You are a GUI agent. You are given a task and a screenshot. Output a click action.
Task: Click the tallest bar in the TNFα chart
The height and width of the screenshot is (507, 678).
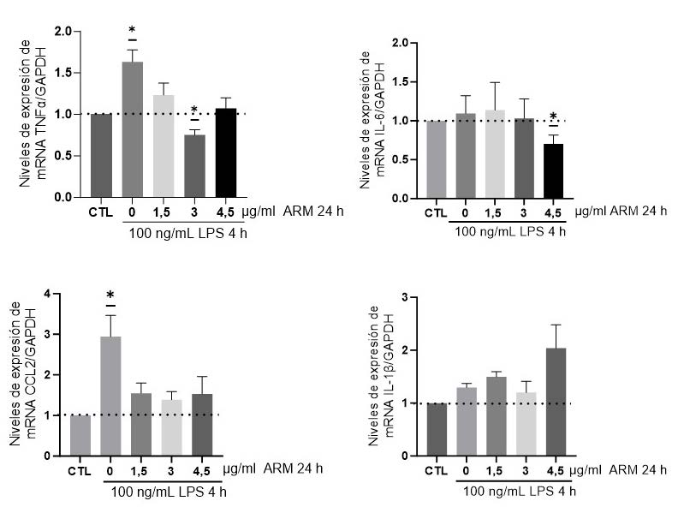(x=133, y=128)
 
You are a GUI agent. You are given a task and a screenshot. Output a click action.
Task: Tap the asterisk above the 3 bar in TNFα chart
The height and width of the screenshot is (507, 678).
(x=194, y=110)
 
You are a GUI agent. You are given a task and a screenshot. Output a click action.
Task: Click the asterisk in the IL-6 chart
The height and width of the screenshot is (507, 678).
(x=555, y=117)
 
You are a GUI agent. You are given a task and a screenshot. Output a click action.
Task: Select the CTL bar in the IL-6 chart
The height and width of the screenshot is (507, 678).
(x=437, y=159)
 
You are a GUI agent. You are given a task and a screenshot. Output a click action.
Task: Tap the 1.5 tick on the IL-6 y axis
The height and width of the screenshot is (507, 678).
(x=408, y=82)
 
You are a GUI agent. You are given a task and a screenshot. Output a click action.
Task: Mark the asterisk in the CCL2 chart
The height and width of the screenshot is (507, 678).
(x=110, y=296)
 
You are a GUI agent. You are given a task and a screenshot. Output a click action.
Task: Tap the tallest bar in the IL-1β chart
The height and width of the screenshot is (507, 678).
(x=556, y=401)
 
